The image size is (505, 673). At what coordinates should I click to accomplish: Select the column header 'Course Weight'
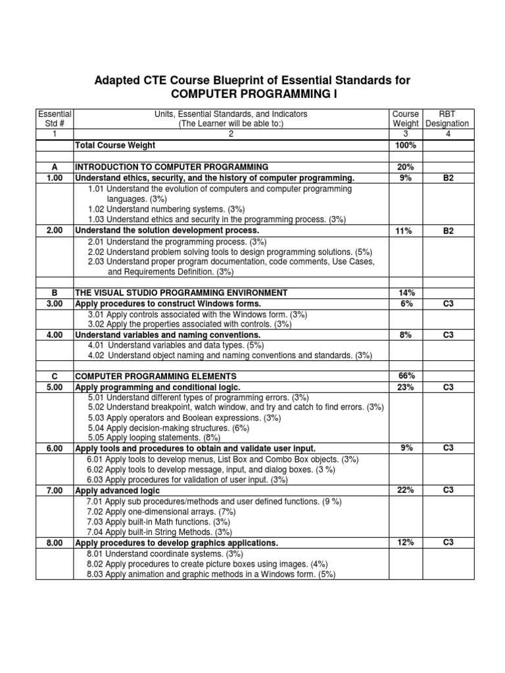pos(406,118)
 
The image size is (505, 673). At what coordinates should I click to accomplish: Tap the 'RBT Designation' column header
pos(447,118)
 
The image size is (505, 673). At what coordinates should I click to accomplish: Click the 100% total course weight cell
pos(406,145)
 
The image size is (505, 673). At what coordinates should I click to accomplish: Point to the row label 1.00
pos(55,178)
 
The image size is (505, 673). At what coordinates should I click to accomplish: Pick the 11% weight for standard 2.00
pos(406,231)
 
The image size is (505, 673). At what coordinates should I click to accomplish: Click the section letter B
pos(55,292)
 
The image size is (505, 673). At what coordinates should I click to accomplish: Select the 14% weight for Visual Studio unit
pos(406,292)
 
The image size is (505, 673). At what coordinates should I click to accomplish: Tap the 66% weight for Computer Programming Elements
pos(406,376)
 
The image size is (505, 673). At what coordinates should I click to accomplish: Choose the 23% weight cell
pos(406,388)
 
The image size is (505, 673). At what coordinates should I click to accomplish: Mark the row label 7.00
pos(55,491)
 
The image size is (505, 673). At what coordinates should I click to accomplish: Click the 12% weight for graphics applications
pos(406,543)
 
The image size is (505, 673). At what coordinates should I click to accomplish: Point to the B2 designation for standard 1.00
pos(448,178)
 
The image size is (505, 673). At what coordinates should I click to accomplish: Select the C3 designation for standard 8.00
pos(448,543)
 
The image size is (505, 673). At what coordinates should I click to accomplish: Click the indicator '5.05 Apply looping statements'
pos(155,438)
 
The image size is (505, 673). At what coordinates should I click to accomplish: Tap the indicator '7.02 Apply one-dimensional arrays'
pos(160,511)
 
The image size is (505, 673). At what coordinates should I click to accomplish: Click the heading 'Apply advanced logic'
pos(118,491)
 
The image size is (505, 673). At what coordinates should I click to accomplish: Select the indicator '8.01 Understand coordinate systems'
pos(161,553)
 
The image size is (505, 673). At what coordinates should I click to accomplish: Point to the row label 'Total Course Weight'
pos(116,145)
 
